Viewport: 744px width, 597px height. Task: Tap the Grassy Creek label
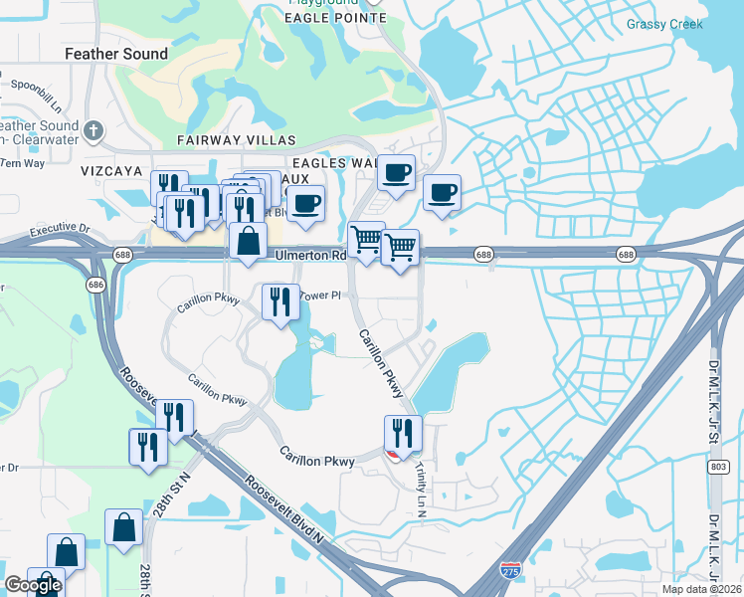tap(664, 24)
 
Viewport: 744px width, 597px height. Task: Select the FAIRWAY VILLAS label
tap(225, 140)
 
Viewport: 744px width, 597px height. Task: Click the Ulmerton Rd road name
tap(309, 255)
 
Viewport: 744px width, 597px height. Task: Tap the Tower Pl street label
tap(320, 296)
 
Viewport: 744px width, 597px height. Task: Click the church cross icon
tap(93, 129)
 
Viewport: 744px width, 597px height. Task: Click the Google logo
tap(32, 585)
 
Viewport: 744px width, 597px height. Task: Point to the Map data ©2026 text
tap(703, 589)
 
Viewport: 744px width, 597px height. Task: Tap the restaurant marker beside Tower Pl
tap(280, 301)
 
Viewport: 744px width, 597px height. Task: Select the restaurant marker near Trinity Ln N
tap(403, 433)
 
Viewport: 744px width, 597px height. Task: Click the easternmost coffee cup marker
tap(442, 192)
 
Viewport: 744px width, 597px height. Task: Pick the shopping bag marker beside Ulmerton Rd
tap(247, 241)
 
